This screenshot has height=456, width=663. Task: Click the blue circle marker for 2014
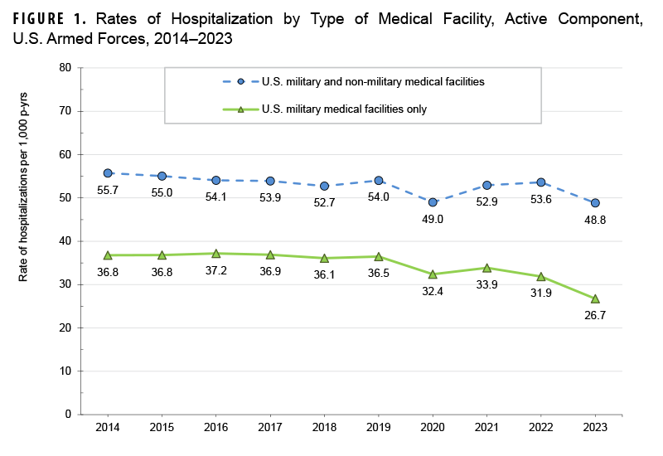(108, 173)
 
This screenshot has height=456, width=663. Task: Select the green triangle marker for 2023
(595, 298)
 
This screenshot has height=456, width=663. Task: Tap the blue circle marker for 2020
(433, 202)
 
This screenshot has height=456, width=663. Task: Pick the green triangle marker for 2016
(216, 254)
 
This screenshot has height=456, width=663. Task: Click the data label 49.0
(433, 221)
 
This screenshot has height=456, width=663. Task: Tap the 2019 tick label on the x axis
(379, 428)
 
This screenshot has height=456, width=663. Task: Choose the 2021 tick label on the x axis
(486, 428)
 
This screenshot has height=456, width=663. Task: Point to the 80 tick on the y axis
(65, 68)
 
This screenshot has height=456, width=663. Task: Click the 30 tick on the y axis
(65, 284)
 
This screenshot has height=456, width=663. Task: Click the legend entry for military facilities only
(344, 109)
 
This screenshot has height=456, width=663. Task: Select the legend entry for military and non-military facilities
(372, 81)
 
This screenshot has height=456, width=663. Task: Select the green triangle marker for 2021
(486, 268)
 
